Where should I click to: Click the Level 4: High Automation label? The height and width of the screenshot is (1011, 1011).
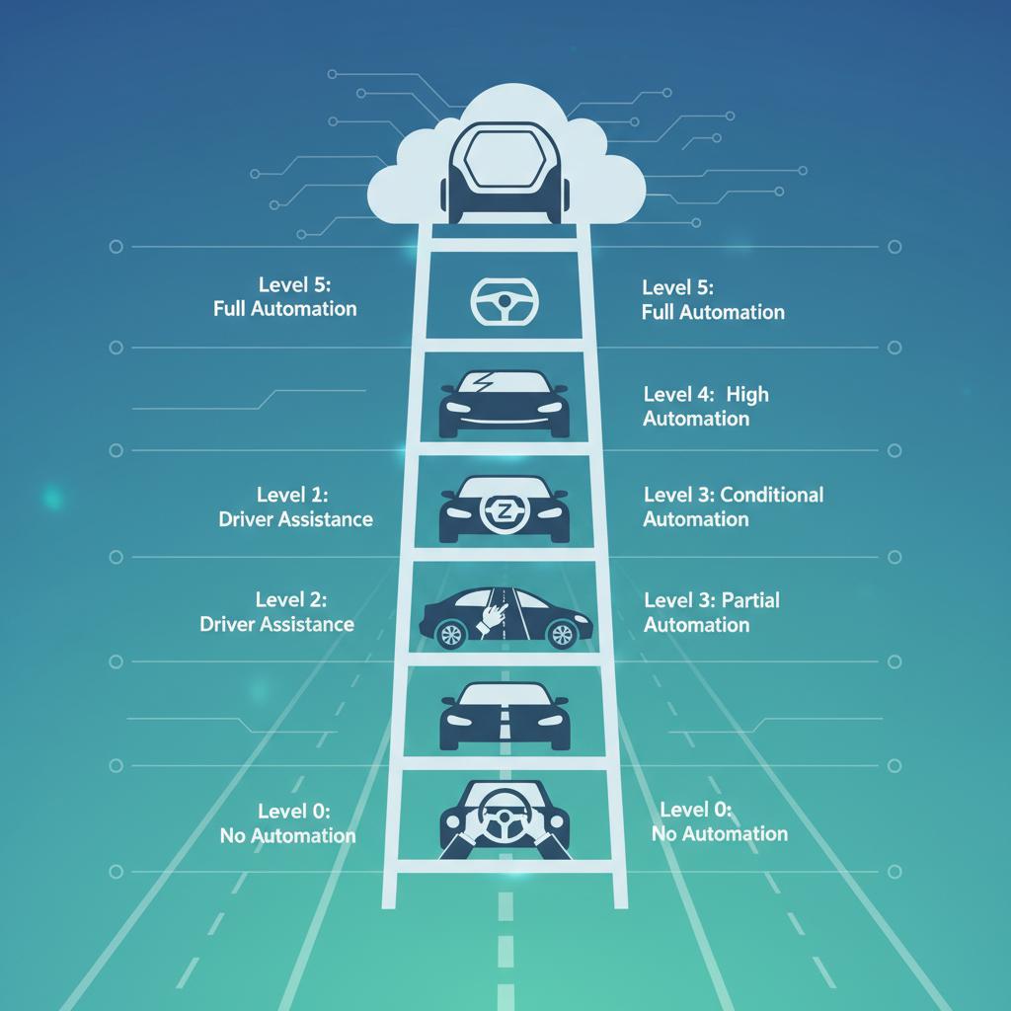tap(705, 406)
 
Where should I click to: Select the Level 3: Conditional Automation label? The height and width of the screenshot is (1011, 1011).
tap(733, 506)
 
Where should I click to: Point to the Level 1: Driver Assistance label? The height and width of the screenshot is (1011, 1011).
tap(295, 506)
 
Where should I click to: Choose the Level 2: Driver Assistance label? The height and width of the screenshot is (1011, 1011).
tap(276, 612)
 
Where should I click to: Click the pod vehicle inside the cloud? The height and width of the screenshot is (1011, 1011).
tap(505, 173)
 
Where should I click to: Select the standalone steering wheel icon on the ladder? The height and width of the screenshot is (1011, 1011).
tap(505, 301)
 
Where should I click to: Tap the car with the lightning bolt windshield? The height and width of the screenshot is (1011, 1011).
tap(505, 403)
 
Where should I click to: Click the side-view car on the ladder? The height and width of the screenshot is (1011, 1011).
tap(505, 619)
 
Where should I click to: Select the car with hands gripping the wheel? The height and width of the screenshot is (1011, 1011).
tap(505, 818)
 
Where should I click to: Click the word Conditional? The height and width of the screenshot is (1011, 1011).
tap(772, 494)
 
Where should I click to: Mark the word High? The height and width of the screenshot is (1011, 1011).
tap(747, 394)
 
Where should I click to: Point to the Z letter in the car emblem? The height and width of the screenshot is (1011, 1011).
tap(499, 511)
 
